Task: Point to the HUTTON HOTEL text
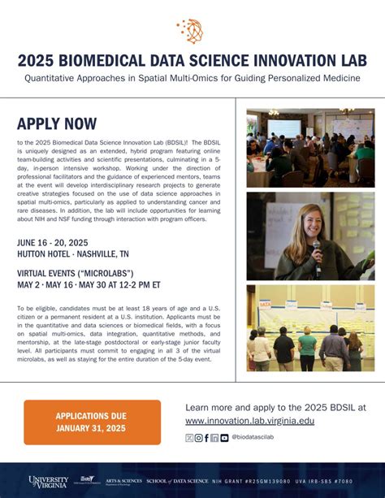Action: pos(49,254)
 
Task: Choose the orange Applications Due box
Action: pos(92,422)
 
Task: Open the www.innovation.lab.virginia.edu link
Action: pos(249,420)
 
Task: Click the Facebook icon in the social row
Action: pos(206,438)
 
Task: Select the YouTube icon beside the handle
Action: pos(224,438)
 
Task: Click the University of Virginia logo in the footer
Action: pos(49,482)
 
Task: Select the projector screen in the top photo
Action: pos(289,128)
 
